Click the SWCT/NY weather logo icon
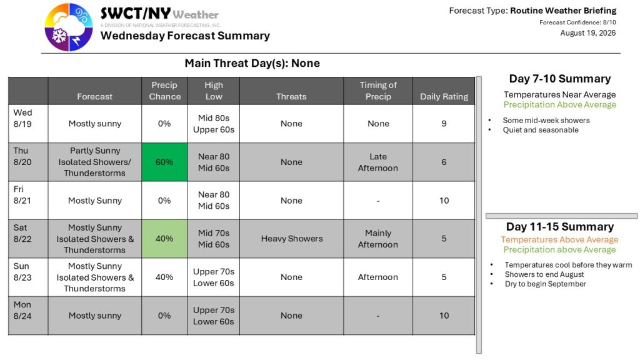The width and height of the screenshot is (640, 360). point(69,27)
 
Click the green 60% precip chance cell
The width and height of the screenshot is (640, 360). point(164,162)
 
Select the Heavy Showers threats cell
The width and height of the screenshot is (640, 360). point(291,239)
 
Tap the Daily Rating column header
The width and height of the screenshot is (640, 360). point(444,97)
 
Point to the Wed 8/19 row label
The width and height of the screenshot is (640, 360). point(22,118)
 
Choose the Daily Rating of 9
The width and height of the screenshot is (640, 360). point(444,124)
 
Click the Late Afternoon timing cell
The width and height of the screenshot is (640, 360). point(378,162)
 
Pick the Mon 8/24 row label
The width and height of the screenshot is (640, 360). point(22,310)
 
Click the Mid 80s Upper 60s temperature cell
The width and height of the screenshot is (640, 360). point(214,124)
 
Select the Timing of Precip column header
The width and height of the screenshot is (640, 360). point(378,91)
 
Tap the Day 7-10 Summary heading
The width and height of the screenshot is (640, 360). point(560,79)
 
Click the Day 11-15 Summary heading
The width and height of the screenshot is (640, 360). point(560,226)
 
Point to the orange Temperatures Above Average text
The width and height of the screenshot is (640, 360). point(559,239)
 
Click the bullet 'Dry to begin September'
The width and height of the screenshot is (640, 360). point(545,284)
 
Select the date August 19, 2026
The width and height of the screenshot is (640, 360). point(587,33)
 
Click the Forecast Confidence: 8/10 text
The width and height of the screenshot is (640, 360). point(577,22)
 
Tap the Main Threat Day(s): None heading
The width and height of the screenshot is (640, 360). point(252,63)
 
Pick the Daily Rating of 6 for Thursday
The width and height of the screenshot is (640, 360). point(444,162)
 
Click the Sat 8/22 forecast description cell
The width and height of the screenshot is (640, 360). point(95,239)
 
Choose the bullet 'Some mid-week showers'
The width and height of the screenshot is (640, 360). point(546,121)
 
